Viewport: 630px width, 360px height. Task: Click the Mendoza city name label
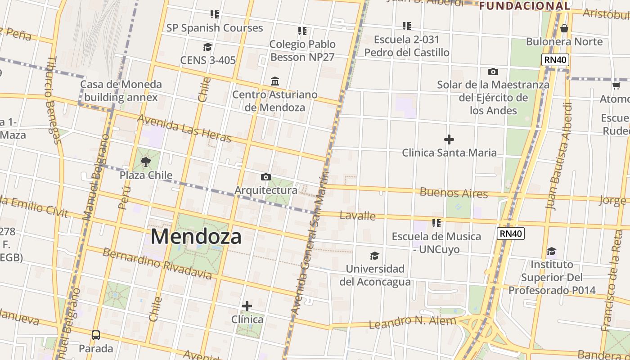pyautogui.click(x=196, y=236)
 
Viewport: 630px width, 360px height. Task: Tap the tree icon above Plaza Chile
pyautogui.click(x=145, y=162)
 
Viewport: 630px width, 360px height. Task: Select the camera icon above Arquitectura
pyautogui.click(x=266, y=177)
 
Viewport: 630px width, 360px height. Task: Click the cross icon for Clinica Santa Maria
pyautogui.click(x=449, y=139)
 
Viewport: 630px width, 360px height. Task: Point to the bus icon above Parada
pyautogui.click(x=96, y=335)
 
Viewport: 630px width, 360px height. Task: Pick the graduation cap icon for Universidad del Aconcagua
pyautogui.click(x=374, y=256)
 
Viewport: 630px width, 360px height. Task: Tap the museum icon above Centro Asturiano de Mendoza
pyautogui.click(x=275, y=81)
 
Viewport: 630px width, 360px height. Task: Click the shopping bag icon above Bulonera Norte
pyautogui.click(x=564, y=29)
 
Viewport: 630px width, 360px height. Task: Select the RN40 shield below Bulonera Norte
pyautogui.click(x=555, y=60)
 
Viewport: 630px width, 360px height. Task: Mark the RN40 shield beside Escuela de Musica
pyautogui.click(x=511, y=233)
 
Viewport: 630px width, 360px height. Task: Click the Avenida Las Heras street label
pyautogui.click(x=184, y=128)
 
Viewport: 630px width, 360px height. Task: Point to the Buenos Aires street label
pyautogui.click(x=454, y=193)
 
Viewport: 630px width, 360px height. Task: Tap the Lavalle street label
pyautogui.click(x=358, y=216)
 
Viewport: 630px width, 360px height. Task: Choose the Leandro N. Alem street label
pyautogui.click(x=413, y=322)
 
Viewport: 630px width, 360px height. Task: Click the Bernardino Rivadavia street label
pyautogui.click(x=157, y=263)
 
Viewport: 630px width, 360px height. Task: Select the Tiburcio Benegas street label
pyautogui.click(x=53, y=100)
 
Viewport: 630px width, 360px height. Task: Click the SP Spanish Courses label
pyautogui.click(x=215, y=28)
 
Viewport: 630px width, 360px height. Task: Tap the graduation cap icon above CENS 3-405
pyautogui.click(x=207, y=47)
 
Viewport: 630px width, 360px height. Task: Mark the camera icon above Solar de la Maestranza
pyautogui.click(x=493, y=72)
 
